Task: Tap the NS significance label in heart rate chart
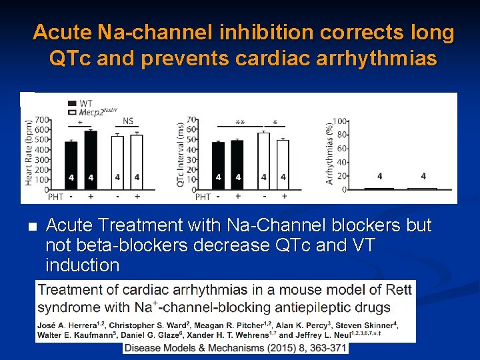point(128,121)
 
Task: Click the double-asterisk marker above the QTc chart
point(240,123)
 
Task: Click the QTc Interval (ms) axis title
point(181,153)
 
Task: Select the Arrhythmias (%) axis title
point(329,153)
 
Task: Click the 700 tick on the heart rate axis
point(41,119)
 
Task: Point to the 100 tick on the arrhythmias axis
point(340,121)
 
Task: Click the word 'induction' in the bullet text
point(82,265)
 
